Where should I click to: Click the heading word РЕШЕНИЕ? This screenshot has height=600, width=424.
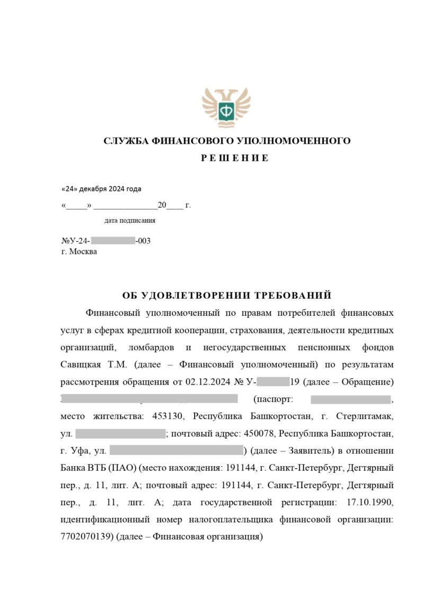coord(227,158)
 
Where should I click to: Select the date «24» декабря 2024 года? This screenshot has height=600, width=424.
coord(102,189)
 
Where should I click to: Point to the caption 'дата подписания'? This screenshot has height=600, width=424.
coord(130,221)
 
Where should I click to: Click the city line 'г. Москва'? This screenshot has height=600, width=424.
coord(79,251)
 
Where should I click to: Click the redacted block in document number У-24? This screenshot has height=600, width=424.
coord(113,241)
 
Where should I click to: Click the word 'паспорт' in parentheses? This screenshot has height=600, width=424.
coord(273,399)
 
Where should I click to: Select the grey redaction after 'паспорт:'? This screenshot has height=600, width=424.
coord(350,399)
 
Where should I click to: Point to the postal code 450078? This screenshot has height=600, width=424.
coord(260,433)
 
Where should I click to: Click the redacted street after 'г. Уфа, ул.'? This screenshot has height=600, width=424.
coord(176,451)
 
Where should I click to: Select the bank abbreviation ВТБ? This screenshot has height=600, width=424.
coord(94,468)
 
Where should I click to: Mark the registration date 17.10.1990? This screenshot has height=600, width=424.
coord(370,502)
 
